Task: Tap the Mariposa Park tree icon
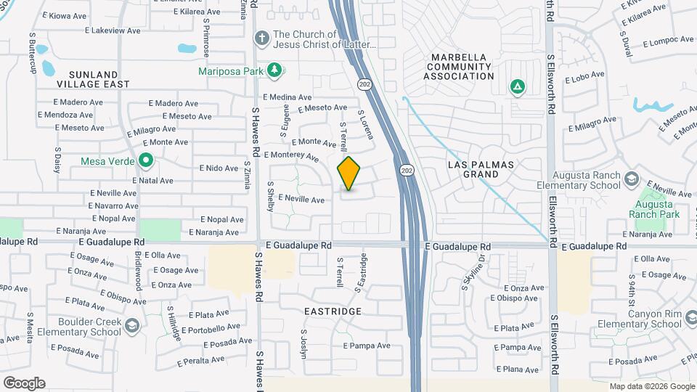274,70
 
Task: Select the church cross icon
261,37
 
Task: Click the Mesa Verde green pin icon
145,160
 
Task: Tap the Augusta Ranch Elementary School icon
632,179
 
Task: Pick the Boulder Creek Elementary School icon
131,327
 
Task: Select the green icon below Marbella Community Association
517,88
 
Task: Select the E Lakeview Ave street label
113,31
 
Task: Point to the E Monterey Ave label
291,155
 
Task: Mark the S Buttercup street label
32,51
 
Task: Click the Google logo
23,383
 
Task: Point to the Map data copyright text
651,386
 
